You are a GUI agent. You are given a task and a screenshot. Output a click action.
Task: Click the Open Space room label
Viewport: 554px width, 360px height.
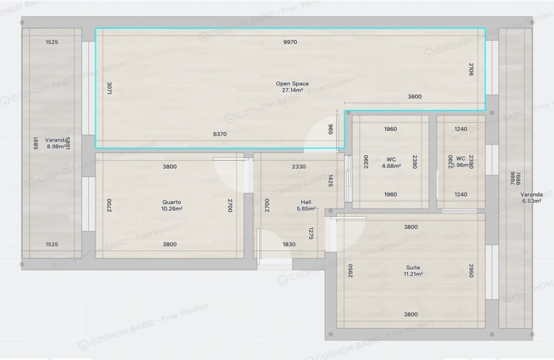coord(292,84)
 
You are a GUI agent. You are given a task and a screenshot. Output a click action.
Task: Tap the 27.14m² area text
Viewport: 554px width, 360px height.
coord(292,91)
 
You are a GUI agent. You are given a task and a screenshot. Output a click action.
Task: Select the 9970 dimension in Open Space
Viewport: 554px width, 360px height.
coord(290,43)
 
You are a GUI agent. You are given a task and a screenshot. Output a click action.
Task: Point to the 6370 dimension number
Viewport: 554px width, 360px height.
coord(220,134)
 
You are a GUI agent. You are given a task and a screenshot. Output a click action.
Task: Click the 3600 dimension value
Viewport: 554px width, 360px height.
coord(414,97)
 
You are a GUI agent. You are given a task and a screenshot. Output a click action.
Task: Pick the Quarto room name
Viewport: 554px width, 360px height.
coord(172,202)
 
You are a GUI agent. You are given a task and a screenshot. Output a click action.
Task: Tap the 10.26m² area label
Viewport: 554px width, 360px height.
coord(172,209)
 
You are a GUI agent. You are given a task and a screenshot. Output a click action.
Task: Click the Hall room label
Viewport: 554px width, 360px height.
coord(306,202)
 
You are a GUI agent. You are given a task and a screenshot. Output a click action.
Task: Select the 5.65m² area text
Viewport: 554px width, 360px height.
coord(306,209)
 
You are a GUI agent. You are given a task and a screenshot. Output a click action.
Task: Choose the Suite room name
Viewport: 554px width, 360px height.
coord(411,268)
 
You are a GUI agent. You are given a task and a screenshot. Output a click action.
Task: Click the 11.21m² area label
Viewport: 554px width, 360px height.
coord(411,275)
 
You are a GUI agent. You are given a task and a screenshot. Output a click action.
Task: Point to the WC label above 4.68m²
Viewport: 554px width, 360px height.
coord(391,159)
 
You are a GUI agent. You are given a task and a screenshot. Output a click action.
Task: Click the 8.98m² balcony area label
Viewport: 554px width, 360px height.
coord(55,147)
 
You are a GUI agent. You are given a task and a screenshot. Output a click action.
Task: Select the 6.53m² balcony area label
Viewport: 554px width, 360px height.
coord(532,201)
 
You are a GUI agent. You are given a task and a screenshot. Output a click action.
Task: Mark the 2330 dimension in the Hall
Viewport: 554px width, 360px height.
coord(299,166)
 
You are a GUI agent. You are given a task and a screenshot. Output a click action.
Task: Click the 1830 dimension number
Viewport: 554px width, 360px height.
coord(288,244)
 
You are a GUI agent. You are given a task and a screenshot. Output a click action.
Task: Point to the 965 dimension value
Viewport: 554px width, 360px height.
coord(331,129)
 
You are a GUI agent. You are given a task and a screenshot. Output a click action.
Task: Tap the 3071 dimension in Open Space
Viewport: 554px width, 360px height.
coord(109,89)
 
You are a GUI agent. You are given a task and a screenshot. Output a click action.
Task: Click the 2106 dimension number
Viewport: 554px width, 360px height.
coord(471,69)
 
